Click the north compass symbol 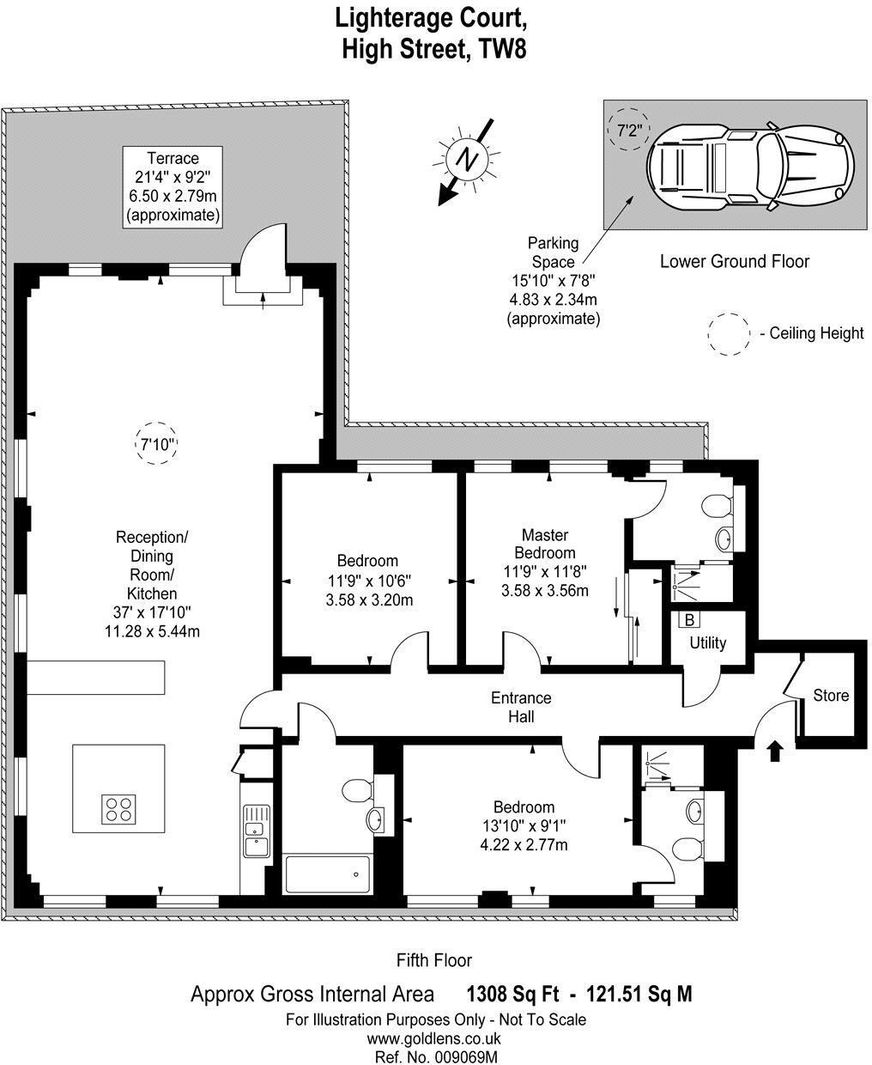click(466, 160)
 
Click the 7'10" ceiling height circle click(157, 444)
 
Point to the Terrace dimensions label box click(173, 187)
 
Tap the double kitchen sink click(256, 831)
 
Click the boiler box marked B click(688, 619)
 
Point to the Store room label click(831, 695)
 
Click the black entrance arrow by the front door click(774, 752)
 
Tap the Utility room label click(708, 642)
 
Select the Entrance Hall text click(521, 707)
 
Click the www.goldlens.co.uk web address click(436, 1038)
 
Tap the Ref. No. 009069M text click(436, 1056)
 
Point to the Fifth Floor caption click(434, 960)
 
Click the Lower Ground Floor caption click(734, 261)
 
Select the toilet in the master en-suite click(715, 506)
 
